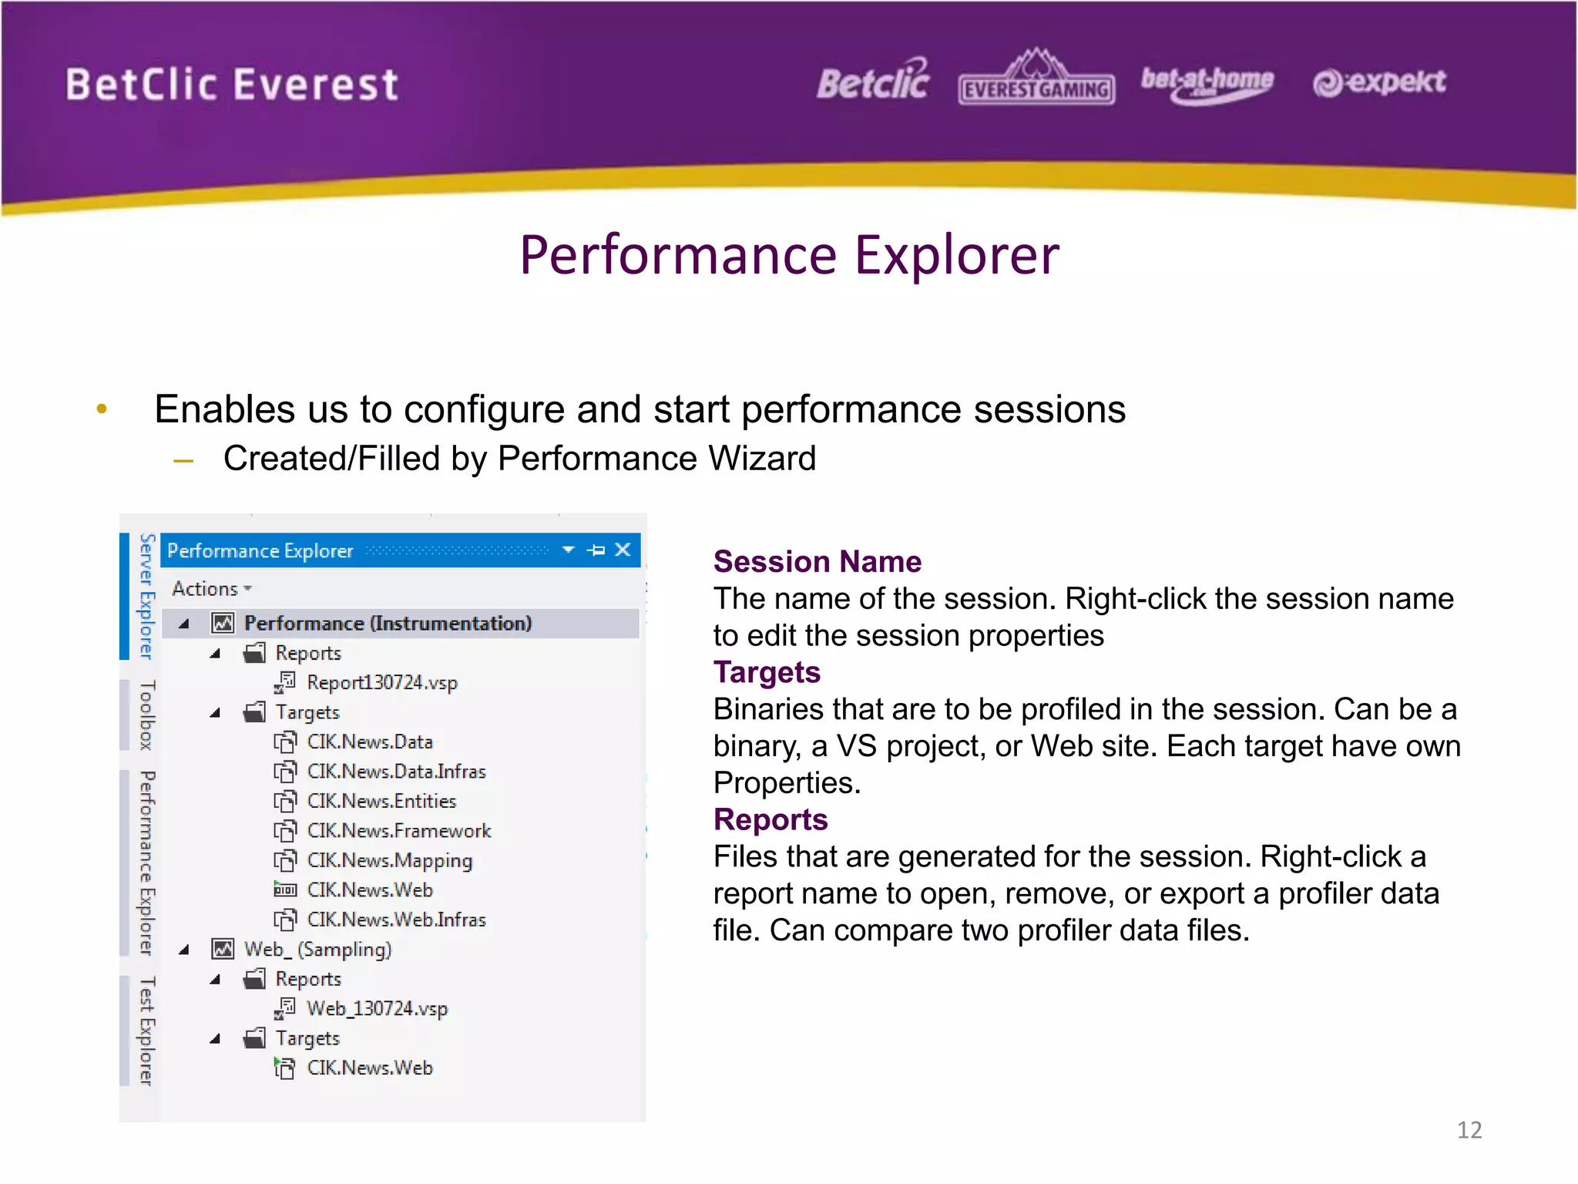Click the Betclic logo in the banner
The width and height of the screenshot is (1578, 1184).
873,82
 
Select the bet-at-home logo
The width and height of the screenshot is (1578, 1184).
1207,83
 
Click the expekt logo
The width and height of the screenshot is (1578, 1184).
1379,82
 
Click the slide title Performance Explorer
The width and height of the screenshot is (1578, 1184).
789,255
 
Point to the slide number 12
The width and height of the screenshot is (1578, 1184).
1469,1130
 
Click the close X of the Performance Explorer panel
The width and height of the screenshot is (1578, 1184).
623,550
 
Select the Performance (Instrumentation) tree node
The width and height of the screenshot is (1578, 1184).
388,624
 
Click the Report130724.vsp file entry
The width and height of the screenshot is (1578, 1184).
381,683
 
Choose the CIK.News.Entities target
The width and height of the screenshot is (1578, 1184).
381,802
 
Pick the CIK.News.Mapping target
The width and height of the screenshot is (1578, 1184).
389,861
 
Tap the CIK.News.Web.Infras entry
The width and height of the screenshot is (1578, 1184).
396,920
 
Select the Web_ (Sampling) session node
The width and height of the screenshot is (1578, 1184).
317,950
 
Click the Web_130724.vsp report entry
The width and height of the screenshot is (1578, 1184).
377,1009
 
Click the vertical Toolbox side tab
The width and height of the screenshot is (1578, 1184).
146,715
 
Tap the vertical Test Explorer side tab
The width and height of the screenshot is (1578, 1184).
146,1031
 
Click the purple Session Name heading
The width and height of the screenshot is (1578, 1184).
817,562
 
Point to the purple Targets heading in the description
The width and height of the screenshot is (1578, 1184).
767,673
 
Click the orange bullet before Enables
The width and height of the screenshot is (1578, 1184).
102,409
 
